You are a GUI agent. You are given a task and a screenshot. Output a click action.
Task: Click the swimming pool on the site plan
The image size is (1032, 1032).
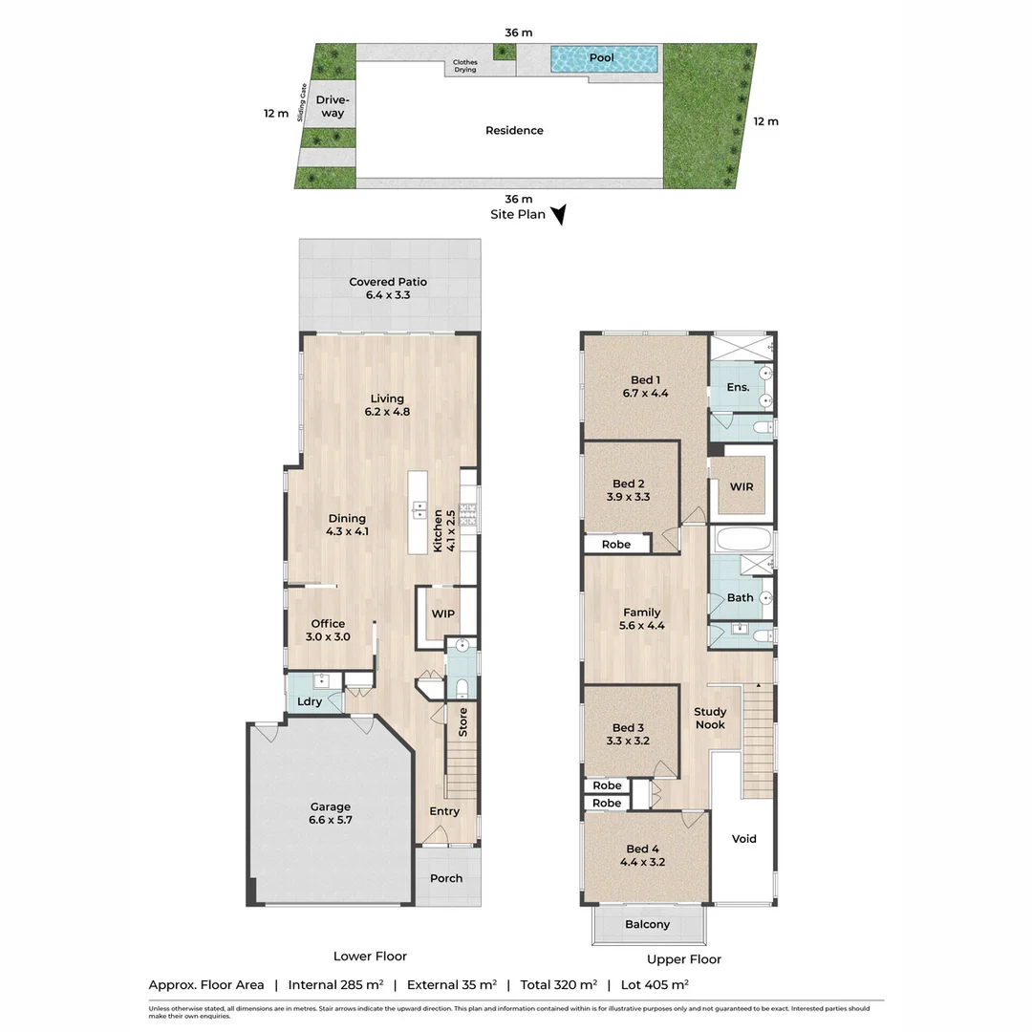tap(603, 58)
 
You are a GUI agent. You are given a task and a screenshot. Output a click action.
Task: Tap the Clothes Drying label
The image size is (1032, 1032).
tap(465, 66)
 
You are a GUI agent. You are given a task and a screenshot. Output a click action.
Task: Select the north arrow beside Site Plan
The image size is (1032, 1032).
tap(559, 215)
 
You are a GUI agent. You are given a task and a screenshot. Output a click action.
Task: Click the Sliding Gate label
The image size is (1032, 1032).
tap(303, 103)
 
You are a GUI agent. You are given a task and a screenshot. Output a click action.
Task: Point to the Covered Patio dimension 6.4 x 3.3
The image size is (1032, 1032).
tap(387, 296)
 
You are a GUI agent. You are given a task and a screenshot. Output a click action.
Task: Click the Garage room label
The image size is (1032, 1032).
tap(330, 806)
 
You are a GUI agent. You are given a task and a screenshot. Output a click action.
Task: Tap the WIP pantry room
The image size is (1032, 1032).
tap(442, 613)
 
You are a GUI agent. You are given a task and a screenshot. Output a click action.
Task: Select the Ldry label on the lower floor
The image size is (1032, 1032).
tap(309, 702)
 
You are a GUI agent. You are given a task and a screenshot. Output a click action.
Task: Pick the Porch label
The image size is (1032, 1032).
tap(446, 878)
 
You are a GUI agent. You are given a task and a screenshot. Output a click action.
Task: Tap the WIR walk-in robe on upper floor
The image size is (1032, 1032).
tap(742, 487)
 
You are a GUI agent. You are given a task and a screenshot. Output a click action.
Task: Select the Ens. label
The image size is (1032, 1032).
tap(737, 387)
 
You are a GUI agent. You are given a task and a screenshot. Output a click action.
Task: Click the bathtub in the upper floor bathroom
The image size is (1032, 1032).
tap(742, 540)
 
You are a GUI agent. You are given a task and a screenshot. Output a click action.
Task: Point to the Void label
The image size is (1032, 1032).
tap(743, 839)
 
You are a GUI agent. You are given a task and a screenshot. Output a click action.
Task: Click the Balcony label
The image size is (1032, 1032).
tap(647, 924)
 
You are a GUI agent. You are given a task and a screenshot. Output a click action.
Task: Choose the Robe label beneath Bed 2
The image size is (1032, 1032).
tap(616, 545)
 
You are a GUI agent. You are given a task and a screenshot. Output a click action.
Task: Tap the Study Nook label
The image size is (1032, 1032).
tap(710, 718)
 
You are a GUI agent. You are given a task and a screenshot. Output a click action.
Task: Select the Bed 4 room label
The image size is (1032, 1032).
tap(643, 849)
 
